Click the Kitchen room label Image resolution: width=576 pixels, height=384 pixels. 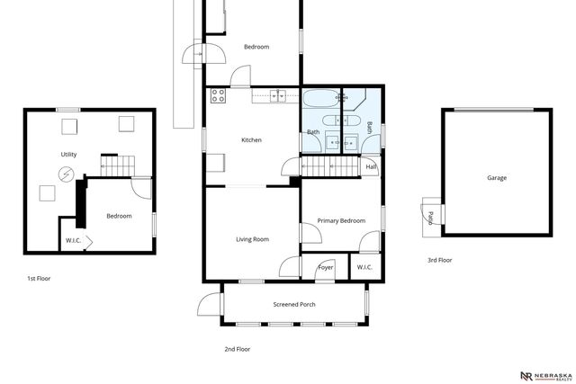(251, 139)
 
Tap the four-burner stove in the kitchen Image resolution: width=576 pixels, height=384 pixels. (217, 94)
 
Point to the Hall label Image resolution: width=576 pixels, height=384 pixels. (371, 166)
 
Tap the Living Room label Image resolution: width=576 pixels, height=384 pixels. (253, 239)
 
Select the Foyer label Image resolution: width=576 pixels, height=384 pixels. (326, 267)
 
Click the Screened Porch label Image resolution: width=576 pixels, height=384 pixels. (294, 304)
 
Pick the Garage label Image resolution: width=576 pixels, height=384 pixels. (497, 178)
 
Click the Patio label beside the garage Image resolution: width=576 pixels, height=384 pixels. (430, 217)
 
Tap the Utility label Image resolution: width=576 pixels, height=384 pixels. (68, 155)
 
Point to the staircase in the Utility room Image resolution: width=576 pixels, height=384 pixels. (118, 164)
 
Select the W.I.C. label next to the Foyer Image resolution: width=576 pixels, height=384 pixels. (364, 267)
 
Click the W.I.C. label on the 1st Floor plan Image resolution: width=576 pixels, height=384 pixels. (73, 240)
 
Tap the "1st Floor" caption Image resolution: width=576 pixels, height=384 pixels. (39, 279)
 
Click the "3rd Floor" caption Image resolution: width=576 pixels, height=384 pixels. (440, 260)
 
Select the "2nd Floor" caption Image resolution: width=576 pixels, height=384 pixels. (238, 348)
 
